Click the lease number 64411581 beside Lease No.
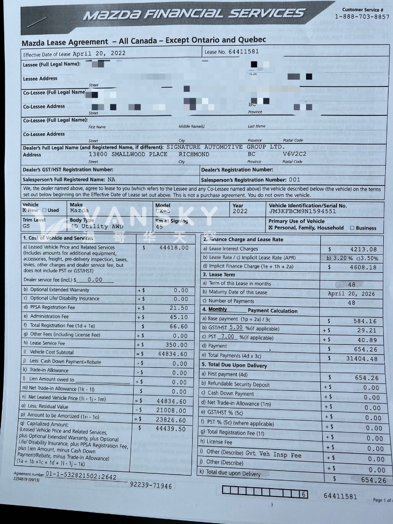point(244,51)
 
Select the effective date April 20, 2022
point(99,53)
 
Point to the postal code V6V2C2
point(294,154)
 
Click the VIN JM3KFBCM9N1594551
point(303,211)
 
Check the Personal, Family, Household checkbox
point(271,228)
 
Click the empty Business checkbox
point(352,228)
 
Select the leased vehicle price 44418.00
point(174,248)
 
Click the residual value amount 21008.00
point(171,409)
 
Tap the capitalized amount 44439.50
point(171,429)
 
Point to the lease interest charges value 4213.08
point(363,249)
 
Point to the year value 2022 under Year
point(241,211)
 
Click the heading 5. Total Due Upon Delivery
point(234,365)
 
